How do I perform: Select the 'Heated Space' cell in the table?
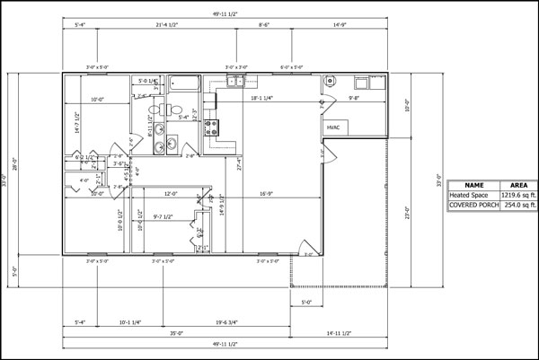(x=473, y=195)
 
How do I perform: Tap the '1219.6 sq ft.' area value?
(x=518, y=195)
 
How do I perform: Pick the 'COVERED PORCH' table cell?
(x=473, y=206)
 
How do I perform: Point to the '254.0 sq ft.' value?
(x=518, y=206)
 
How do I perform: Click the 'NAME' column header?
(x=473, y=184)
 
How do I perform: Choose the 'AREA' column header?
(x=518, y=184)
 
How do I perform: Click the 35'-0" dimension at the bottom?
(x=175, y=334)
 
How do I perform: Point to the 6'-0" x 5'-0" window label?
(x=292, y=66)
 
